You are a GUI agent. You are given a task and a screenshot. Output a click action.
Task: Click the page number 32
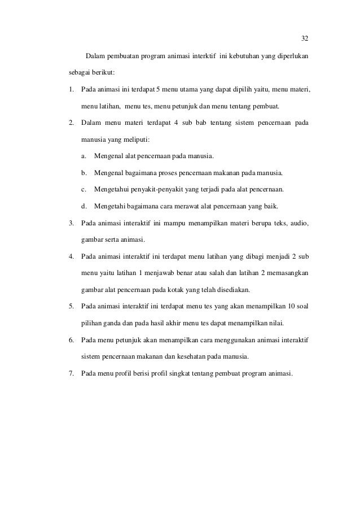[304, 38]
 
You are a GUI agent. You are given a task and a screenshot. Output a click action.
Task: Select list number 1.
[71, 89]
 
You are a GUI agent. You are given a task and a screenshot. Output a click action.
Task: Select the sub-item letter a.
[84, 155]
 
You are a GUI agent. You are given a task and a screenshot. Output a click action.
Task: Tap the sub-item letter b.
[84, 172]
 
